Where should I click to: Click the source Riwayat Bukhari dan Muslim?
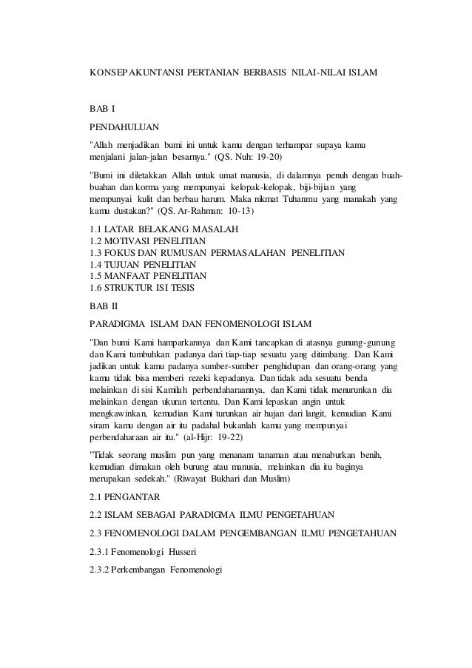[240, 479]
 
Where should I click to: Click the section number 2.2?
[96, 516]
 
